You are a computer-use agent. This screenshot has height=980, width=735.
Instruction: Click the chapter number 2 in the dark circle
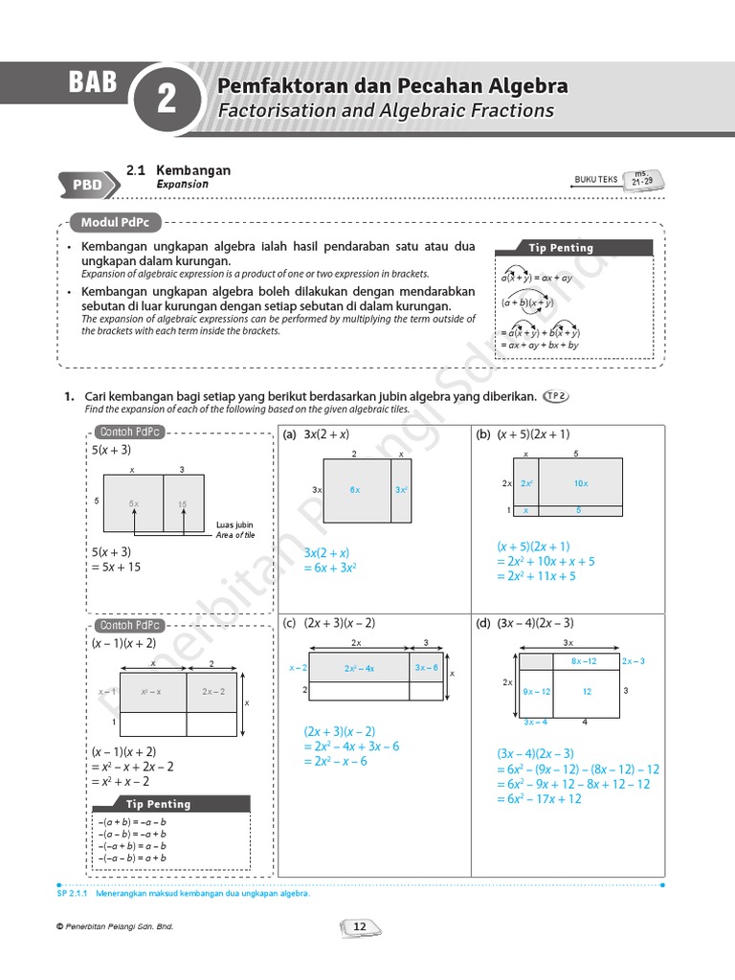[x=167, y=100]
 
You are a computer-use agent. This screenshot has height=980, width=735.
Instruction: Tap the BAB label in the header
[x=92, y=83]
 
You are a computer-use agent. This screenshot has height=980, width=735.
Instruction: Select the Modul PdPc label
[x=114, y=222]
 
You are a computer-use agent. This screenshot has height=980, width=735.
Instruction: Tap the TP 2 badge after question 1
[x=555, y=395]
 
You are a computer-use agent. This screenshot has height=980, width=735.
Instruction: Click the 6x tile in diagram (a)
[x=355, y=489]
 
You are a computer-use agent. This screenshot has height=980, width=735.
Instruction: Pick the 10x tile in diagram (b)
[x=580, y=483]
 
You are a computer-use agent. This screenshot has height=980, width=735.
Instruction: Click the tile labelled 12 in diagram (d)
[x=587, y=691]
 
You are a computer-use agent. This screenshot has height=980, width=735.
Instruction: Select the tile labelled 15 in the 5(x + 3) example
[x=182, y=503]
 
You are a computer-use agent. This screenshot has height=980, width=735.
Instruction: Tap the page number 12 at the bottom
[x=361, y=926]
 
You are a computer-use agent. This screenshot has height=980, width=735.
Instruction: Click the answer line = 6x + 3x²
[x=330, y=568]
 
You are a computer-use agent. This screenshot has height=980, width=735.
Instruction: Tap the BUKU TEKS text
[x=595, y=179]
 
